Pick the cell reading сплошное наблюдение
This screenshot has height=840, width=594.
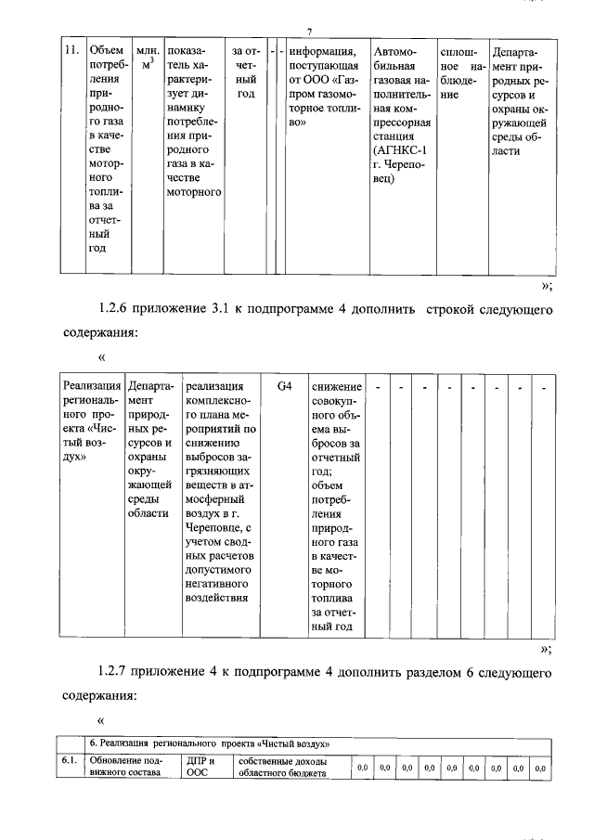[x=459, y=66]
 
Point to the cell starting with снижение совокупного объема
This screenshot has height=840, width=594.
[x=336, y=505]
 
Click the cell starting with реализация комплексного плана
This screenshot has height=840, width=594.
[x=219, y=492]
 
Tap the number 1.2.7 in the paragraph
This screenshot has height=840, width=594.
[x=116, y=670]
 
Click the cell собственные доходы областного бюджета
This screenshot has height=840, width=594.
[x=281, y=768]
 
